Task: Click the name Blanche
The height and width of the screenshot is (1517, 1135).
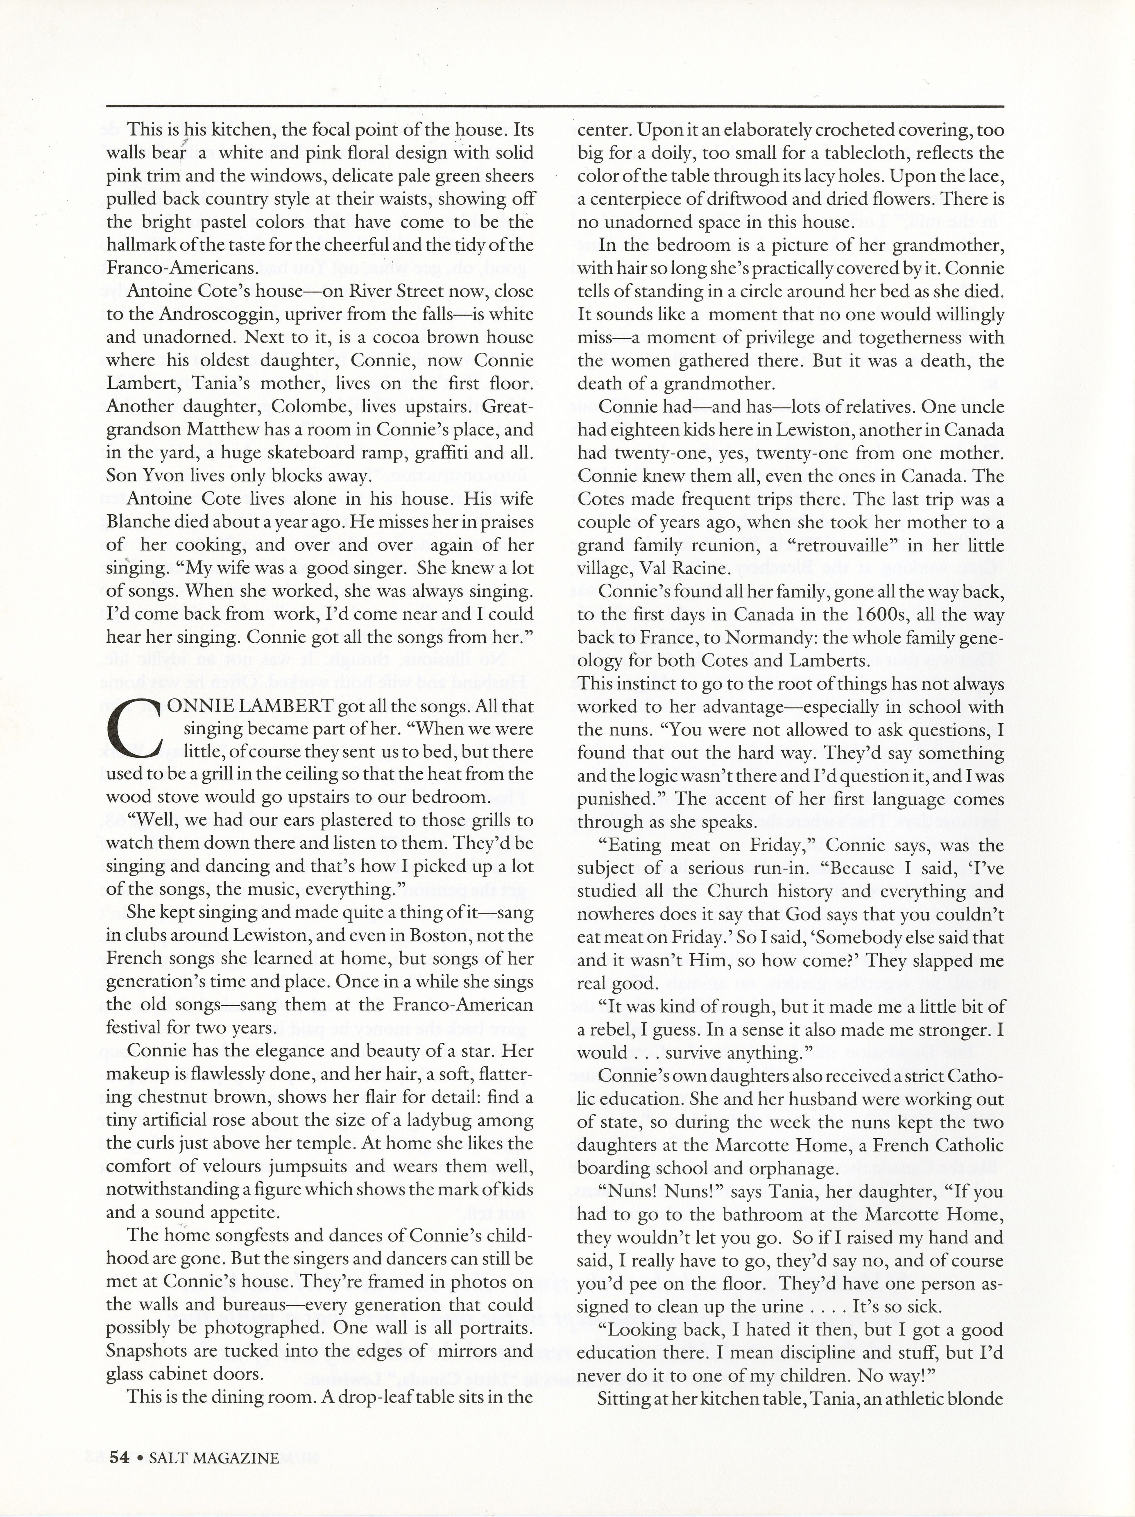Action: point(140,522)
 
